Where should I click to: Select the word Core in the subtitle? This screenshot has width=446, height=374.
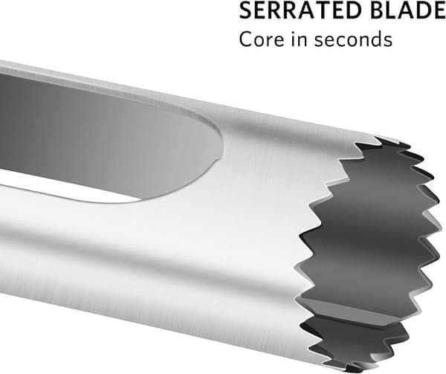[262, 39]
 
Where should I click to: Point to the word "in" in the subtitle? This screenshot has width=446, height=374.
[300, 39]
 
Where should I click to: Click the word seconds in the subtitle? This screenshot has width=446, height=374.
[354, 39]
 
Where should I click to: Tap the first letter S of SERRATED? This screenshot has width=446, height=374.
[245, 10]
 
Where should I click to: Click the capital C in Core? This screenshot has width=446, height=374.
[246, 39]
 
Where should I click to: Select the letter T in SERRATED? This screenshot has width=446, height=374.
[319, 10]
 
